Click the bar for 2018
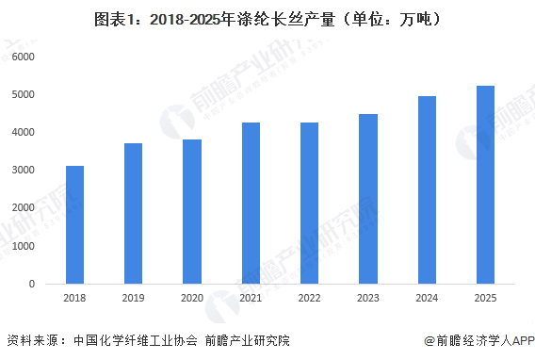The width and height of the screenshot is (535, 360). pos(74,224)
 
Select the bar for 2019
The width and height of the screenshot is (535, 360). pos(133,213)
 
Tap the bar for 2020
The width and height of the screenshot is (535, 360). pos(191,211)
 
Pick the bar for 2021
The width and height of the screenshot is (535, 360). pos(251,203)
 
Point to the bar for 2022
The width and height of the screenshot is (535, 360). pos(309,203)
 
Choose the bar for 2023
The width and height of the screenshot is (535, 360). pos(367,199)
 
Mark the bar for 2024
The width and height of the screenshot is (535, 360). pos(427,189)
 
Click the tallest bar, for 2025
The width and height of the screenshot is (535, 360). pos(485,185)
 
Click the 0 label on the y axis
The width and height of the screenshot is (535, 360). pos(31,283)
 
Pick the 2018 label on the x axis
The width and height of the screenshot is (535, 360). pos(74,298)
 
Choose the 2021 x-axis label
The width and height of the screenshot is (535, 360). pos(251,298)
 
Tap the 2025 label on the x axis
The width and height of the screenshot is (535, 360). pos(485,298)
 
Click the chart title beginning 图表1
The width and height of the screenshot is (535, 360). pos(267,18)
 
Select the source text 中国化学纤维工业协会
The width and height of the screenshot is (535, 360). pos(130,341)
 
